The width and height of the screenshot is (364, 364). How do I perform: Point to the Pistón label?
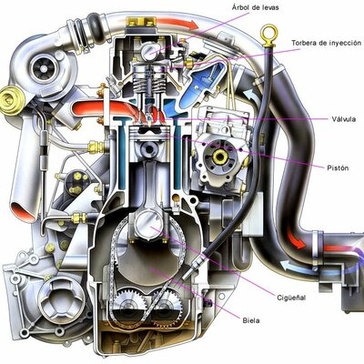[339, 167]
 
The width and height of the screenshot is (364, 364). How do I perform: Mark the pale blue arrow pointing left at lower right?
[289, 266]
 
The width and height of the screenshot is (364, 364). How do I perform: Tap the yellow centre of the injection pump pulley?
[219, 158]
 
